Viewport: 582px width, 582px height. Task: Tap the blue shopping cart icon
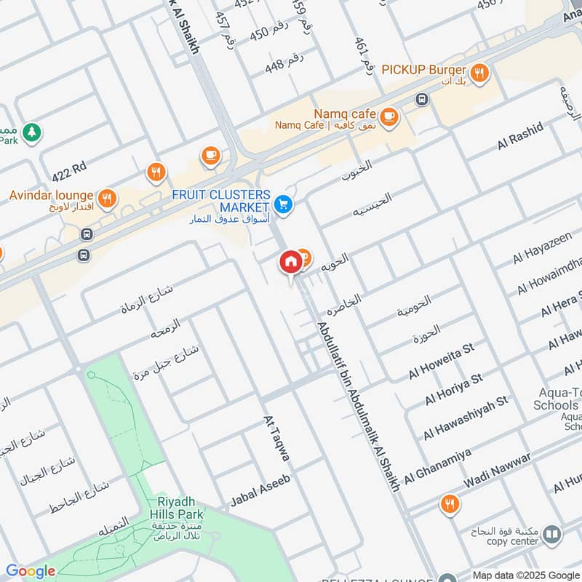(x=284, y=205)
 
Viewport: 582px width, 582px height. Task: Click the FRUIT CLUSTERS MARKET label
(x=220, y=202)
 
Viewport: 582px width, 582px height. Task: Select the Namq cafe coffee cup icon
(x=389, y=116)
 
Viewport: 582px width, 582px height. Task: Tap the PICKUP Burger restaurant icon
(x=479, y=72)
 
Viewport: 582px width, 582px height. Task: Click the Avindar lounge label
(x=51, y=196)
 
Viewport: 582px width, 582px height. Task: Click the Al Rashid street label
(x=520, y=137)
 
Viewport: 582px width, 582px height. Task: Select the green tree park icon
(x=31, y=132)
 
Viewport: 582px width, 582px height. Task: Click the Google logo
(x=31, y=571)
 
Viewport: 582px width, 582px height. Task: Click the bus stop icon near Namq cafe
(x=421, y=99)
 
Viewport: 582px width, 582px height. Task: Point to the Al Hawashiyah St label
(x=465, y=420)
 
